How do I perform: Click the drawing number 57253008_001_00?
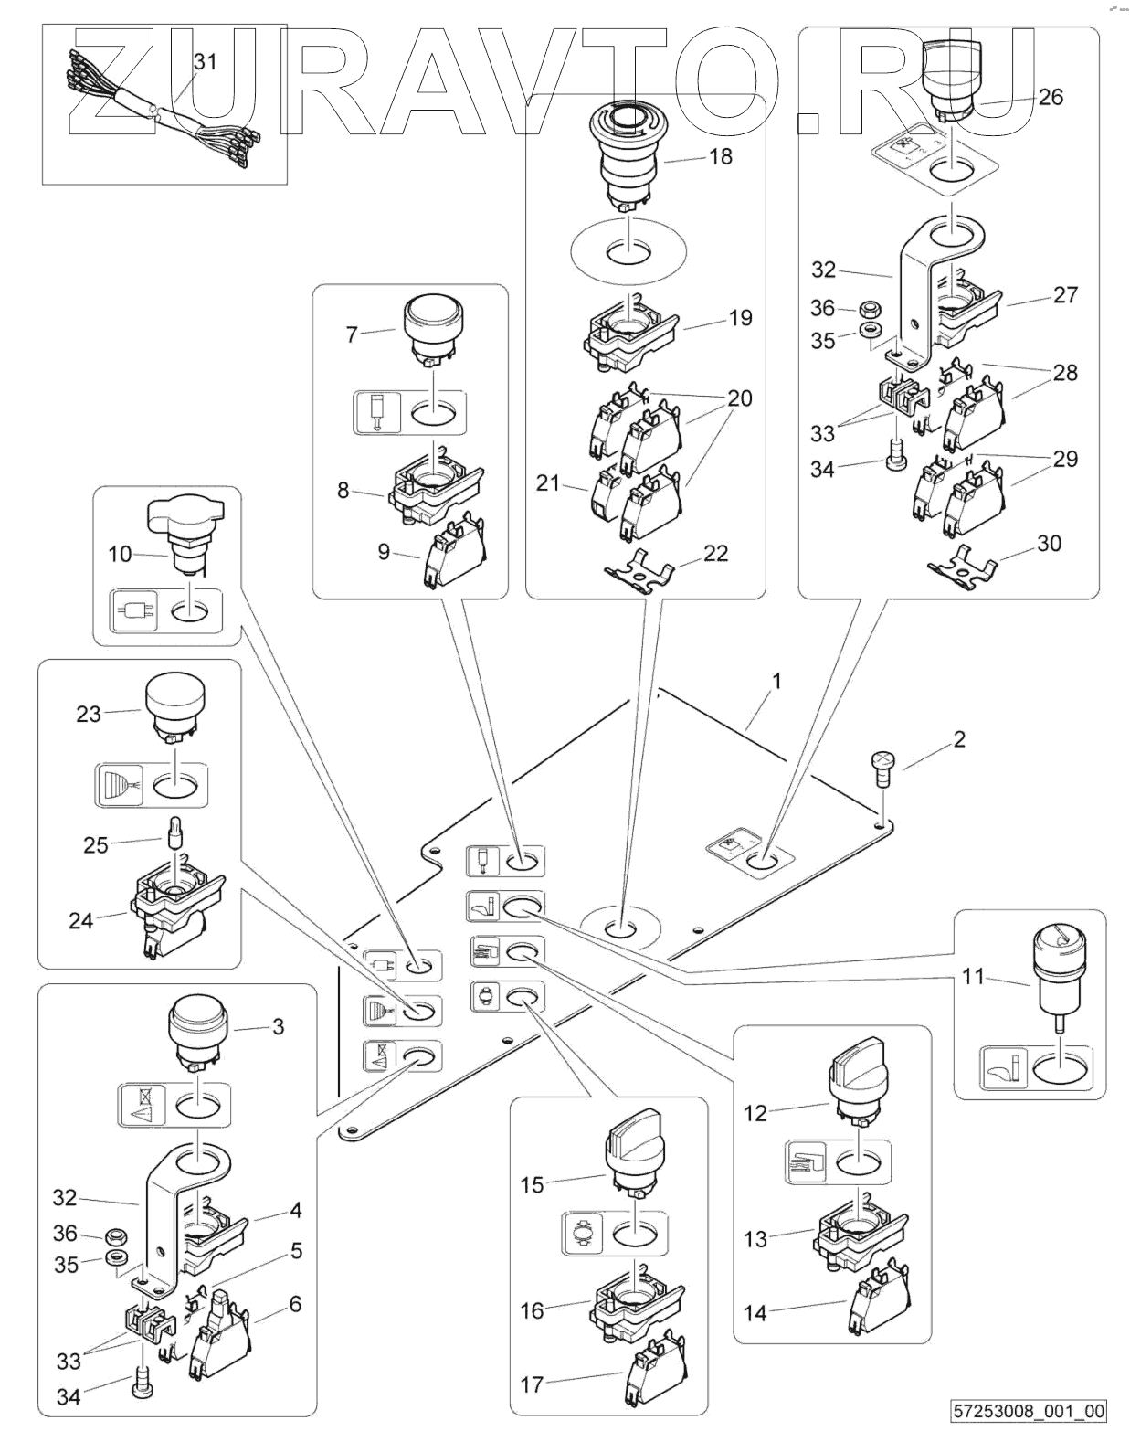pos(1029,1411)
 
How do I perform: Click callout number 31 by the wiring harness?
pos(206,62)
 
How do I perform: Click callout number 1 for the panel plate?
pos(776,681)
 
